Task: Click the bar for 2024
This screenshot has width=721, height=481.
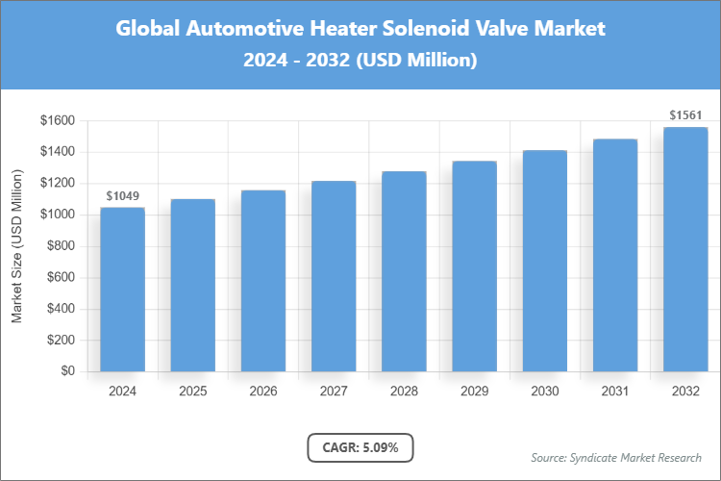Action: tap(122, 289)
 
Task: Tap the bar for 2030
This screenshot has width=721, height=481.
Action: tap(544, 261)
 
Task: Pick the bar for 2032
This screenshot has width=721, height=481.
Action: tap(685, 249)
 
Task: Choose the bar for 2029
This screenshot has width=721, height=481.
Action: tap(474, 266)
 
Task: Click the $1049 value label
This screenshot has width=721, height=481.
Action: tap(122, 196)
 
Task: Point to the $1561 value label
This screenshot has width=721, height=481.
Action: tap(685, 115)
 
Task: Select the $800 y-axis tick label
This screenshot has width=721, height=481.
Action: tap(60, 245)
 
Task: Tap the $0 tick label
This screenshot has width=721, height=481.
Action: tap(68, 370)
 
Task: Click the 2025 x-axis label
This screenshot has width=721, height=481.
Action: tap(192, 392)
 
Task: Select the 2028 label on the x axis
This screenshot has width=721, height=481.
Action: tap(404, 392)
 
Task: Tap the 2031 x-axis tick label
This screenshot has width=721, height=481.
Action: tap(615, 392)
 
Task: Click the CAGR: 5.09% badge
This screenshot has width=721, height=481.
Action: tap(360, 447)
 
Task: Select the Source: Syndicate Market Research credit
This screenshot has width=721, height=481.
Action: tap(616, 457)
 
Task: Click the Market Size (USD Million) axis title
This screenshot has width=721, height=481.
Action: tap(17, 245)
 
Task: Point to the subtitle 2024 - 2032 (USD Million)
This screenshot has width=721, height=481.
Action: tap(360, 60)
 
